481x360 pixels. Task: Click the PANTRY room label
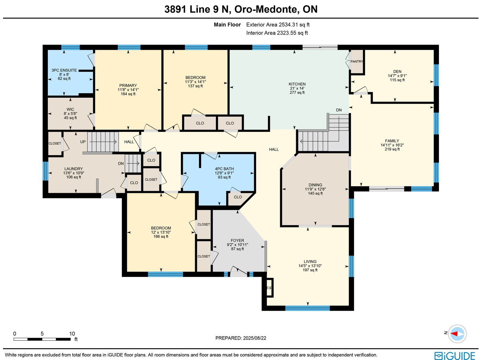click(357, 62)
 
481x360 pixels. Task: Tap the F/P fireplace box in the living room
click(269, 288)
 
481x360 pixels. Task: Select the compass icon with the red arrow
click(457, 334)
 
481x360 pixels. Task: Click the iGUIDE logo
click(455, 355)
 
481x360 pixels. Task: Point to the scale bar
click(42, 339)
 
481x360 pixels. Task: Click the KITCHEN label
click(297, 84)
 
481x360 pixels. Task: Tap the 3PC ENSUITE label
click(64, 70)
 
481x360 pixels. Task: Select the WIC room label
click(70, 109)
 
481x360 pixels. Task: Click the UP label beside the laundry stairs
click(83, 142)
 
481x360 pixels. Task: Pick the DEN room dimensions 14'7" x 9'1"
click(397, 76)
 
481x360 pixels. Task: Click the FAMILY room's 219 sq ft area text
click(392, 149)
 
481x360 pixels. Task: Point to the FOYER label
click(237, 240)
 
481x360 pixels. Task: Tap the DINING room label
click(315, 185)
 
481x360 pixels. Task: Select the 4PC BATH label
click(224, 169)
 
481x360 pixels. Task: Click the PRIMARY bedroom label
click(128, 85)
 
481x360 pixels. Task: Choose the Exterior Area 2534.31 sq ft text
click(278, 25)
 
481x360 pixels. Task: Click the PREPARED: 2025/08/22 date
click(240, 338)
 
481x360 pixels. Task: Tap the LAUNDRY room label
click(74, 169)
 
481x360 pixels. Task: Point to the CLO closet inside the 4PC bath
click(238, 197)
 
